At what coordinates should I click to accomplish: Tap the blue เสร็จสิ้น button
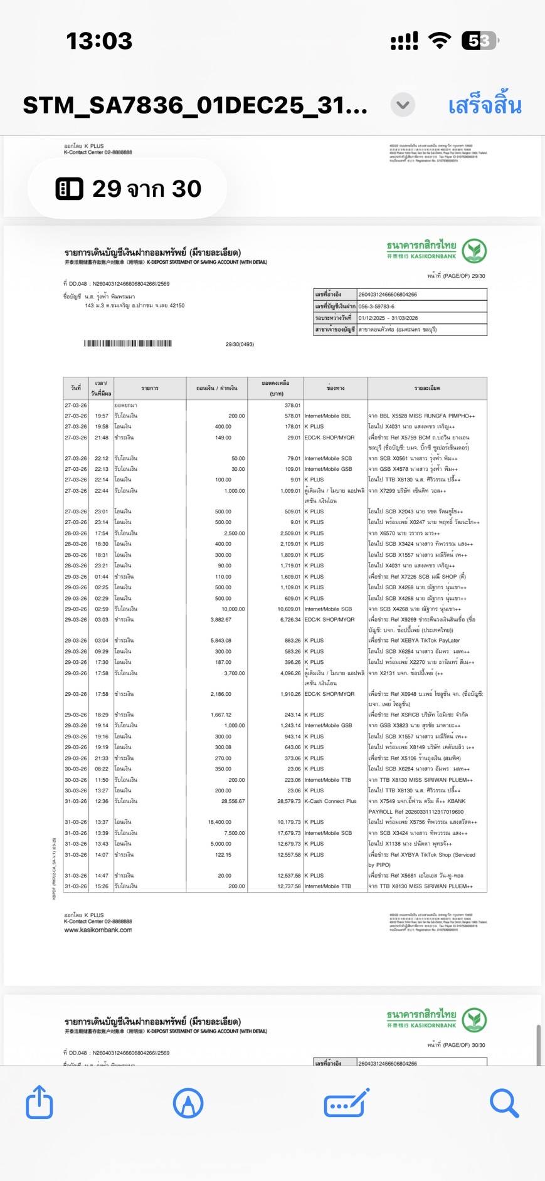(484, 105)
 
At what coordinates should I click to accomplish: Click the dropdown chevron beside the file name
(403, 105)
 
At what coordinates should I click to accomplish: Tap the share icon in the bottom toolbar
(39, 1102)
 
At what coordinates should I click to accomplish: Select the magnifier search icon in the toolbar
(504, 1103)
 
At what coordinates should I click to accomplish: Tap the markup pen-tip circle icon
(188, 1103)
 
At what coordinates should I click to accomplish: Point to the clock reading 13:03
(99, 41)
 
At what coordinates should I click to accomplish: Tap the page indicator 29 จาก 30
(128, 189)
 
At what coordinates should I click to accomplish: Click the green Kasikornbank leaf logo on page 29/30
(475, 251)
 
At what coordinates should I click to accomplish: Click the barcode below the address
(128, 344)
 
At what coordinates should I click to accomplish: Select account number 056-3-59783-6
(376, 307)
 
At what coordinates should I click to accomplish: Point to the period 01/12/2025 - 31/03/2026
(388, 318)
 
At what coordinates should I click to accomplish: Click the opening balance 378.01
(292, 405)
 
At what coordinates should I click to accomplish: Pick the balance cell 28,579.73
(289, 801)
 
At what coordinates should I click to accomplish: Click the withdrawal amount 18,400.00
(220, 822)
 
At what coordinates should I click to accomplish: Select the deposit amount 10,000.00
(233, 609)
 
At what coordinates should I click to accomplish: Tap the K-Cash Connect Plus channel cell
(331, 801)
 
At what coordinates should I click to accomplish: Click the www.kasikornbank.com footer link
(98, 930)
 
